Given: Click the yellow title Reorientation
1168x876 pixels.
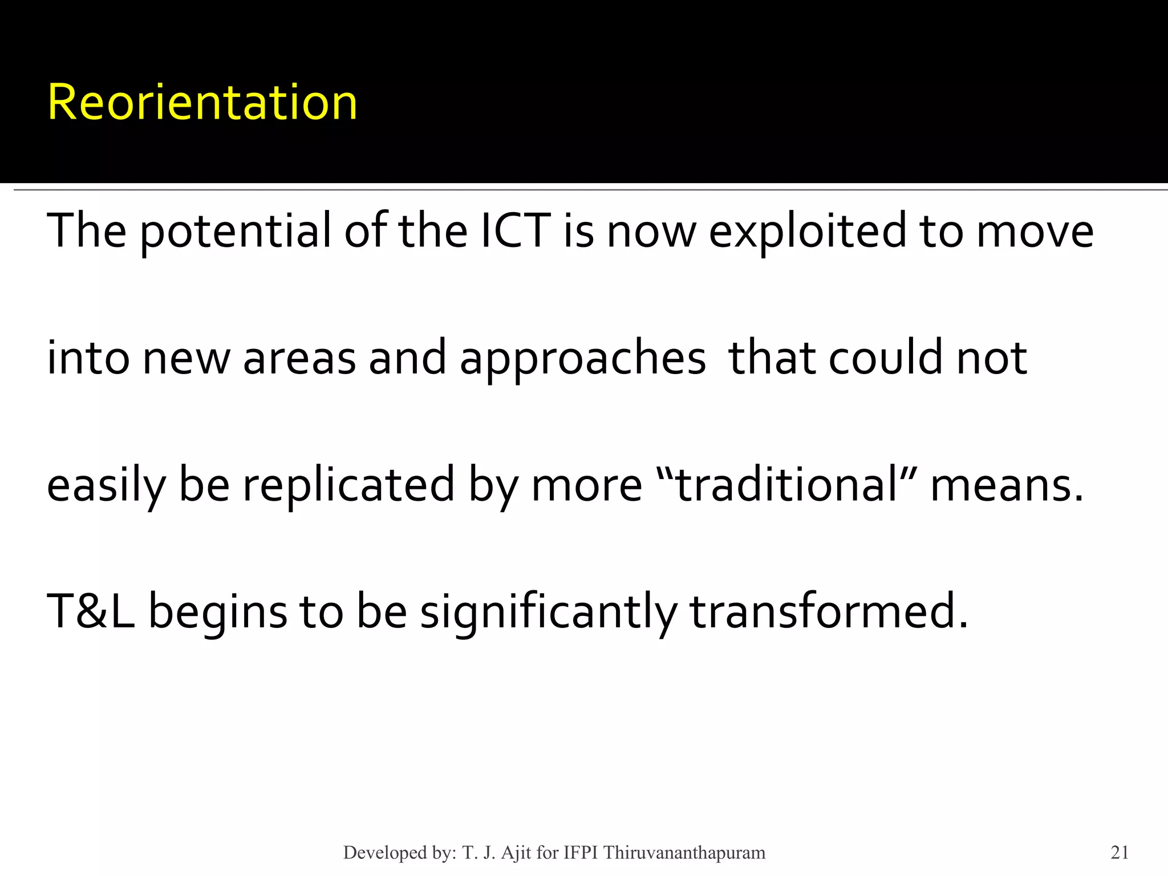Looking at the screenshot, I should [x=202, y=103].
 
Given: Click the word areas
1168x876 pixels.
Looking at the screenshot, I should [x=299, y=358].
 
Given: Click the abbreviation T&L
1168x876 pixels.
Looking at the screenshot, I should [x=91, y=612].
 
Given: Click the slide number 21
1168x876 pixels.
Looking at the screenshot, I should [x=1120, y=853].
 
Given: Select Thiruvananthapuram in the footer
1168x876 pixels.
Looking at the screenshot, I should [x=684, y=853].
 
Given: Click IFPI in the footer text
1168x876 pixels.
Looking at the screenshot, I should [x=582, y=853].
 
